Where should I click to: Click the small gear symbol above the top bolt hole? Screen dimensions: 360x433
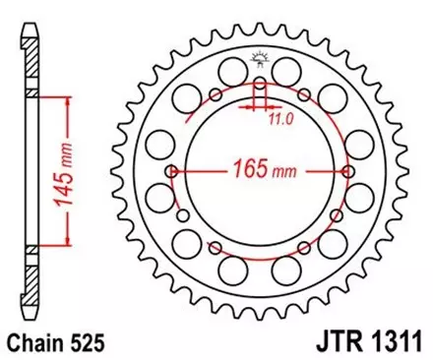[260, 57]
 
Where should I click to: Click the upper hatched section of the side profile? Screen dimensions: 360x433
[31, 69]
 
